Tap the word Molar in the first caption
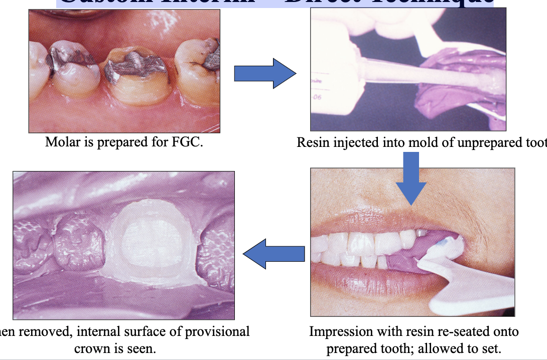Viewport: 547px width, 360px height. point(59,142)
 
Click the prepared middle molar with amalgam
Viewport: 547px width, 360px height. point(135,75)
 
